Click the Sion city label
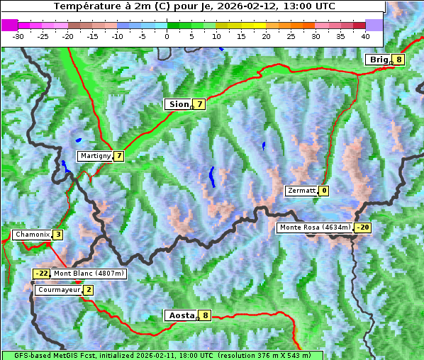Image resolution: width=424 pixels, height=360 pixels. (179, 104)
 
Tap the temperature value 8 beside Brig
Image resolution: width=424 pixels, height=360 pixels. (399, 60)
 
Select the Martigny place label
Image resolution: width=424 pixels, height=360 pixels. (95, 156)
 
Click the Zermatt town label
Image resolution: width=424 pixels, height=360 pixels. (301, 191)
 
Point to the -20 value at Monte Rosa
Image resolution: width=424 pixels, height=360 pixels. (363, 227)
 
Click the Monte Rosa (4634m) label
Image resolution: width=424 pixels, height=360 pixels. (315, 227)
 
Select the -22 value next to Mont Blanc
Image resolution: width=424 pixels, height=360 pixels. (42, 274)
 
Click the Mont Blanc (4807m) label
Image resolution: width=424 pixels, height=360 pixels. (89, 274)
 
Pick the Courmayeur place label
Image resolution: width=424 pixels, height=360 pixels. (59, 290)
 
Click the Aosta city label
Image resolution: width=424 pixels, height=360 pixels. (180, 315)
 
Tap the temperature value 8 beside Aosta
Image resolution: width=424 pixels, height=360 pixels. (205, 315)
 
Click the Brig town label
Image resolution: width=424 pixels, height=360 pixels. (378, 60)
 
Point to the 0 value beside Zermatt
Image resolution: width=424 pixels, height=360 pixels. (324, 191)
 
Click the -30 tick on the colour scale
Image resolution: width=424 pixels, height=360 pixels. (18, 35)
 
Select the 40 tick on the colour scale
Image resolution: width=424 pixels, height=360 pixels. (365, 35)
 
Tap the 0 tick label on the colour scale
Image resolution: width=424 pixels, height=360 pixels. (167, 35)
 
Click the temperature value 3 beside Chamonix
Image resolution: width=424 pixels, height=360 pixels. (57, 235)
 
